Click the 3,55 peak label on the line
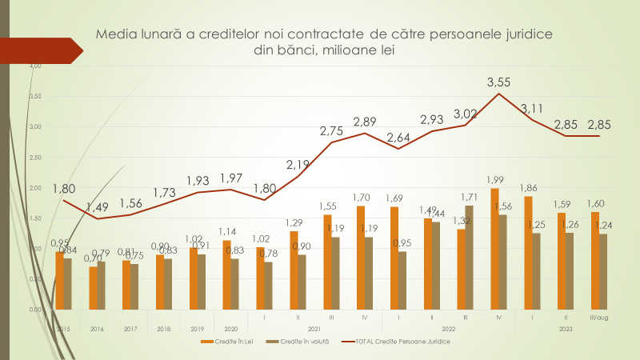[x=498, y=82]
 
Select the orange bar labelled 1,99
[x=494, y=249]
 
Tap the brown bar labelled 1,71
[x=469, y=257]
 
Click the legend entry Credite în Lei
[x=225, y=342]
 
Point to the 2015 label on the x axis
[x=63, y=329]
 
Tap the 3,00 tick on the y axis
[x=35, y=126]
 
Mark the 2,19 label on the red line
[x=298, y=166]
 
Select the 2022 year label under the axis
[x=449, y=329]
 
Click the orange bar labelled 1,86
[x=528, y=253]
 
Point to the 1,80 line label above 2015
[x=65, y=189]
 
